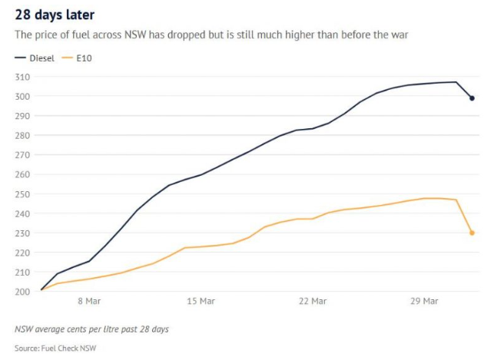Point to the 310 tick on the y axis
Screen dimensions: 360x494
pyautogui.click(x=22, y=77)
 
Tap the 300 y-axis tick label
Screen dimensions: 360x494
pyautogui.click(x=22, y=96)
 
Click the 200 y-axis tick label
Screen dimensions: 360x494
pyautogui.click(x=22, y=292)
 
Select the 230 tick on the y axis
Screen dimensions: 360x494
pyautogui.click(x=22, y=233)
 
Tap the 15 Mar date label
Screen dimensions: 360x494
pyautogui.click(x=201, y=302)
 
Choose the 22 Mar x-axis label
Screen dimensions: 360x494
pyautogui.click(x=313, y=302)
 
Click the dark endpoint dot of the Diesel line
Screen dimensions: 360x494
pyautogui.click(x=472, y=98)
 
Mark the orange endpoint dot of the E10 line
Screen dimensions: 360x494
pyautogui.click(x=472, y=233)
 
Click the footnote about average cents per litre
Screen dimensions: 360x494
pyautogui.click(x=91, y=329)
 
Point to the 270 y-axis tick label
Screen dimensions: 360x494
pyautogui.click(x=22, y=155)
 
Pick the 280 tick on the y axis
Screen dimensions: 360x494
pyautogui.click(x=22, y=135)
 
